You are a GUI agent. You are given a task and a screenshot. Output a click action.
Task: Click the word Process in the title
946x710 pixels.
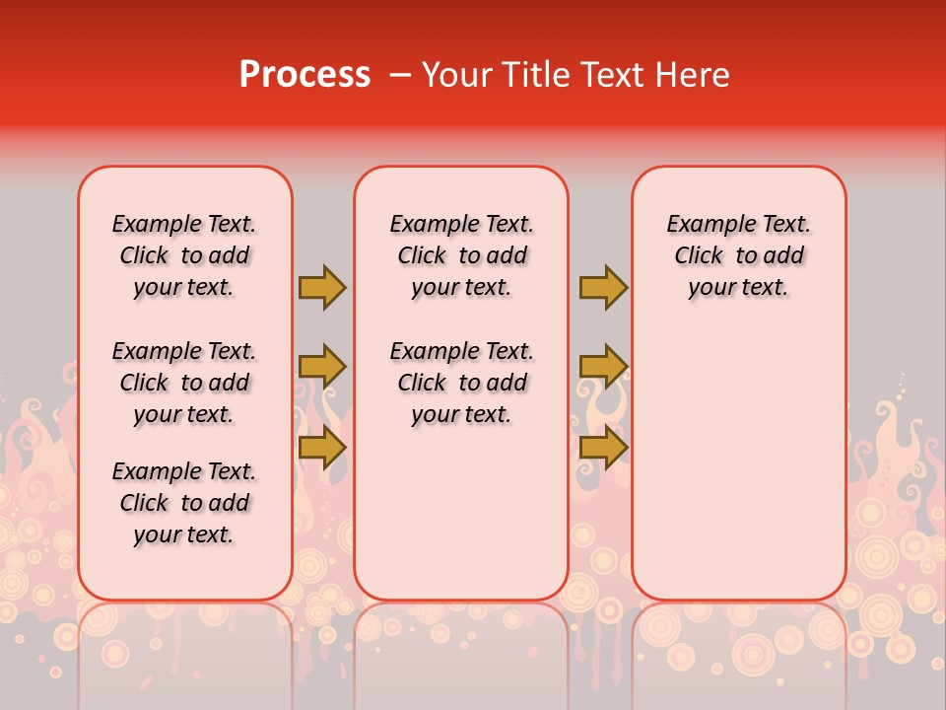click(304, 75)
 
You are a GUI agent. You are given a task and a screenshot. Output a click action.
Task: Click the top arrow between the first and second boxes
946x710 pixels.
click(322, 287)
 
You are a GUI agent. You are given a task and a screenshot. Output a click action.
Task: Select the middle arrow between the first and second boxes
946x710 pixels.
click(322, 367)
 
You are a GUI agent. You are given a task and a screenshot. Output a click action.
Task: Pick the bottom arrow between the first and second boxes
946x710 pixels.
click(322, 448)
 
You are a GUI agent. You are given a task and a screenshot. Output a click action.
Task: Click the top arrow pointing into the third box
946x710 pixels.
click(603, 287)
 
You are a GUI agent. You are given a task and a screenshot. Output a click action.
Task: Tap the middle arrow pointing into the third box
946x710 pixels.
click(603, 367)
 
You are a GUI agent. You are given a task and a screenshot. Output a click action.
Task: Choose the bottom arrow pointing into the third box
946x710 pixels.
click(603, 448)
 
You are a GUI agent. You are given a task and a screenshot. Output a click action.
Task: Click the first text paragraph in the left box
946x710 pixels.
click(184, 255)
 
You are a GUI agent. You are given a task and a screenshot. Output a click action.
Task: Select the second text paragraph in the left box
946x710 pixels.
click(184, 383)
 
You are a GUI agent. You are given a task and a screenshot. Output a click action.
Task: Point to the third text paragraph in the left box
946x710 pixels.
click(184, 503)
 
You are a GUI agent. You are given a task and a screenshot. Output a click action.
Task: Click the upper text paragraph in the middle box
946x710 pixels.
click(462, 255)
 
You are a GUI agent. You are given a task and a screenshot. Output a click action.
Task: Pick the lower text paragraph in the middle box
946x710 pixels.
click(462, 383)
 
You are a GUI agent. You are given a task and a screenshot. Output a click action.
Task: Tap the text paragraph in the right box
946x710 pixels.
click(739, 255)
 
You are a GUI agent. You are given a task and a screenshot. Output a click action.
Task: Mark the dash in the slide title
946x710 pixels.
click(400, 75)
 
